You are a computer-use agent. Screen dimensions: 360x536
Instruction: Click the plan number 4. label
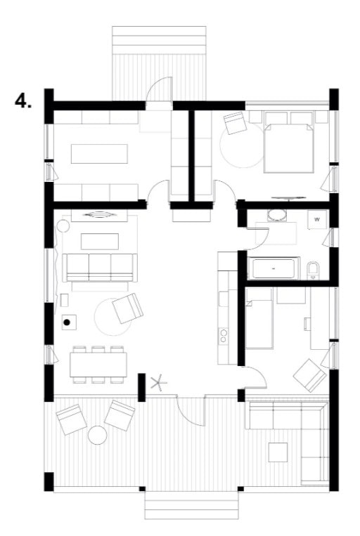[23, 101]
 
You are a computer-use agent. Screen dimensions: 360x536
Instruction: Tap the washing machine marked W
[317, 219]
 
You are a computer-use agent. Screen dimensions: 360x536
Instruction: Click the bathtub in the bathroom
[274, 268]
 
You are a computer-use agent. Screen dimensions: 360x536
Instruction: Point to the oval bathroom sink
[277, 216]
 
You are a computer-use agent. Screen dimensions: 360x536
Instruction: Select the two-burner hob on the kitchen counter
[223, 335]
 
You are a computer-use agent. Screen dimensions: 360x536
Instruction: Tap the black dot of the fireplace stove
[67, 322]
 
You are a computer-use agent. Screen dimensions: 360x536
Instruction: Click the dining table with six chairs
[98, 365]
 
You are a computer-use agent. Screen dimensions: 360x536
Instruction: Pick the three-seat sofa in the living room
[100, 268]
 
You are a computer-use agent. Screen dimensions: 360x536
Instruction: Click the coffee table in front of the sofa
[100, 242]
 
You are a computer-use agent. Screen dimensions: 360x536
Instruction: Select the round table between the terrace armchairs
[98, 435]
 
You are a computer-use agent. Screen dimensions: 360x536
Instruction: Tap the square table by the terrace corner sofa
[278, 452]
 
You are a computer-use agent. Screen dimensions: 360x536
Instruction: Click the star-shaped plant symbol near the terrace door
[158, 382]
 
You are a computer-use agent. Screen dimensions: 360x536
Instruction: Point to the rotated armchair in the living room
[128, 308]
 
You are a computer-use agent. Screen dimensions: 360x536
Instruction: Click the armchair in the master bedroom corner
[235, 123]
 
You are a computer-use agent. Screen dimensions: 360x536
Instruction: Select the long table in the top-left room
[99, 154]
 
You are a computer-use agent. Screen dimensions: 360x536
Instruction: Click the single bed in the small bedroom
[259, 318]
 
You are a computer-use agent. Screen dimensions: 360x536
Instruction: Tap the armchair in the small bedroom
[309, 375]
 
